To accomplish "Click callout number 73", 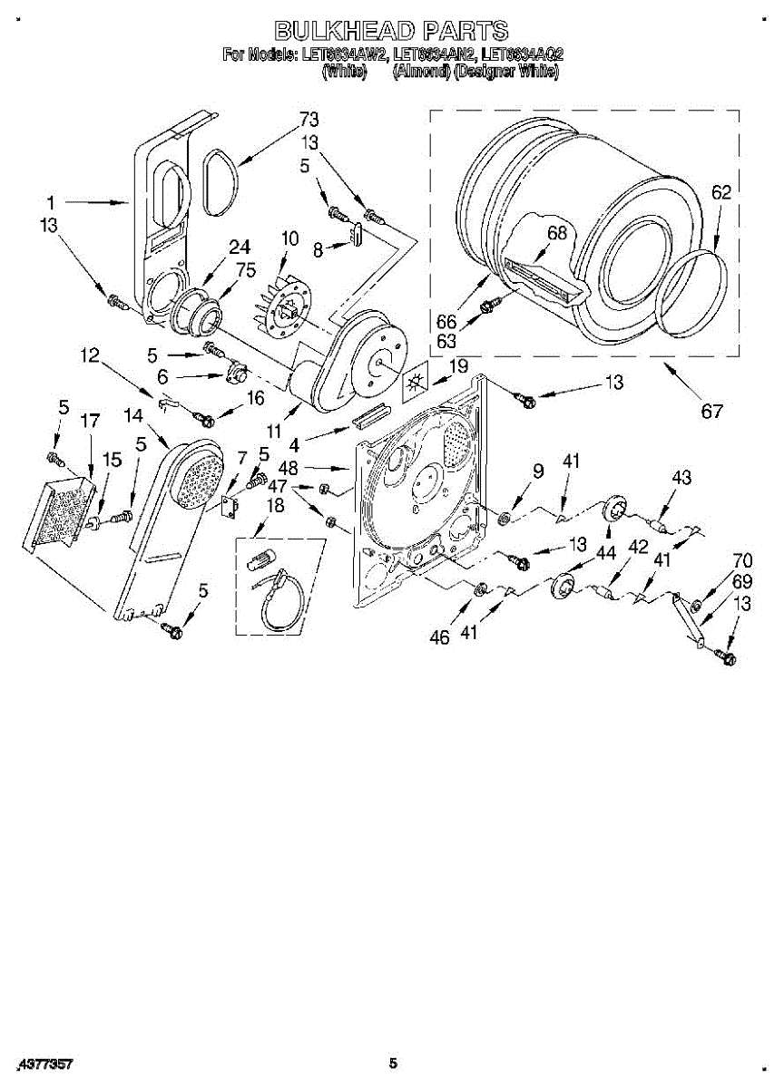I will [x=309, y=120].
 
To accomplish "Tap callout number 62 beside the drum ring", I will [x=720, y=192].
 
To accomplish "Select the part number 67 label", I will [x=711, y=411].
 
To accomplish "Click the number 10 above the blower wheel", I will [x=289, y=238].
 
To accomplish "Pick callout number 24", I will [x=239, y=247].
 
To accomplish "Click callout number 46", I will [x=439, y=637].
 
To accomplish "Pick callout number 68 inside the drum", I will [x=556, y=233].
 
